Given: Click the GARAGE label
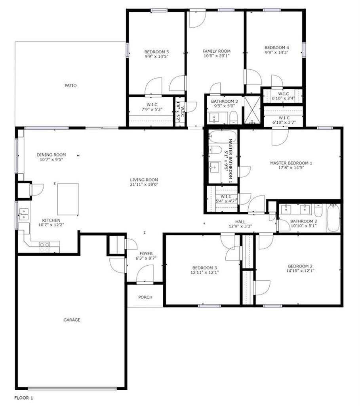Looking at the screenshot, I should tap(72, 320).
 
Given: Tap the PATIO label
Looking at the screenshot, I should tap(70, 86).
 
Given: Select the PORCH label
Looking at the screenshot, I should tap(145, 297).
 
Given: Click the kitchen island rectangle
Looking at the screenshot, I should tap(68, 199).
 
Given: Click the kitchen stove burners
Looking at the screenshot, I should tap(44, 247).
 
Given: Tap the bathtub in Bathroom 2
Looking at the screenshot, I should tap(333, 218).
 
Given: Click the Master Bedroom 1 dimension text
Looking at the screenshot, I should tap(291, 168).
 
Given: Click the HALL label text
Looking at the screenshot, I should tap(240, 222).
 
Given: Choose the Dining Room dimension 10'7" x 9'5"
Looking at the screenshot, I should tap(51, 159).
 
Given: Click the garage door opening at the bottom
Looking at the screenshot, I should tap(72, 387).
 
